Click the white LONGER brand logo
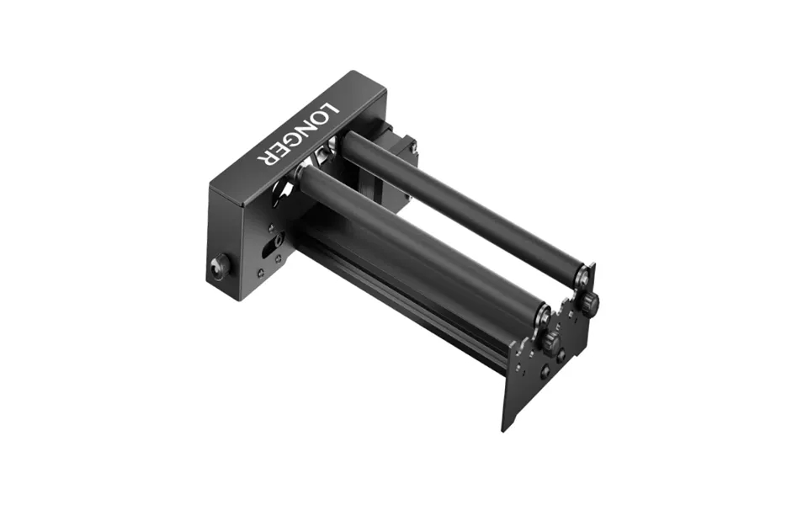pyautogui.click(x=296, y=135)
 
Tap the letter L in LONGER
pyautogui.click(x=329, y=110)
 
